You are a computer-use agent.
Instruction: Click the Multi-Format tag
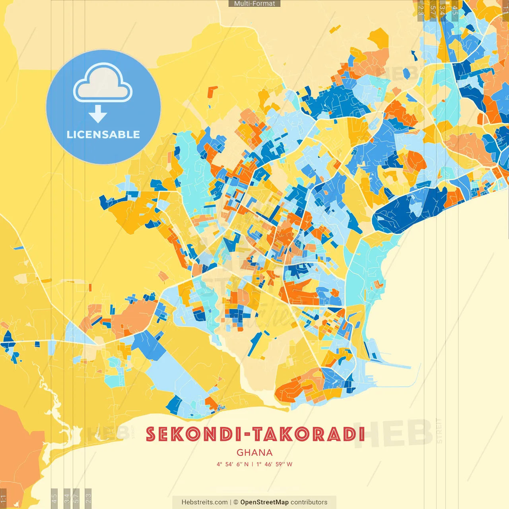(x=254, y=4)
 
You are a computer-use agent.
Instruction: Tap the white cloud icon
(x=103, y=84)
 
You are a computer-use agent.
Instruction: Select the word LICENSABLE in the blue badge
(x=103, y=134)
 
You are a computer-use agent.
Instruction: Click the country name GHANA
(x=254, y=453)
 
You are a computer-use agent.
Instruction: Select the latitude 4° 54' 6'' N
(x=233, y=464)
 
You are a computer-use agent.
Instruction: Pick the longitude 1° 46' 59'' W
(x=274, y=464)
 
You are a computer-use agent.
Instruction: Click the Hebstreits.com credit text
(x=204, y=502)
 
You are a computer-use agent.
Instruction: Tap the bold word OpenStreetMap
(x=264, y=502)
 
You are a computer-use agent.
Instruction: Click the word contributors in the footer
(x=309, y=502)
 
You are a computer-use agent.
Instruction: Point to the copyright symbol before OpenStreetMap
(x=236, y=502)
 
